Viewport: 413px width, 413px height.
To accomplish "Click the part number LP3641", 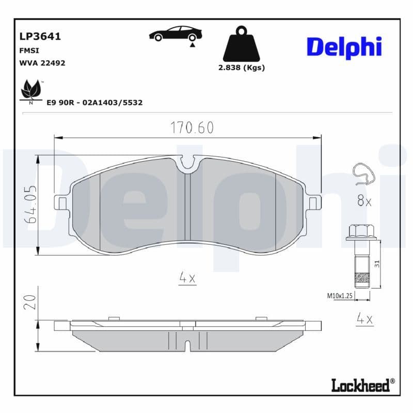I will pyautogui.click(x=40, y=37).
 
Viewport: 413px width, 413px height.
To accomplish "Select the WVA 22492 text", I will pyautogui.click(x=42, y=63).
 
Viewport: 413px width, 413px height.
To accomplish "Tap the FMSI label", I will pyautogui.click(x=29, y=51).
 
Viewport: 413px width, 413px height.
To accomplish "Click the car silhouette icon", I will pyautogui.click(x=176, y=34).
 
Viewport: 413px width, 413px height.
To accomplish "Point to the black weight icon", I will pyautogui.click(x=241, y=44).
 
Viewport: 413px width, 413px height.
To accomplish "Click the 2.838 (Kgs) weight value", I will pyautogui.click(x=241, y=68).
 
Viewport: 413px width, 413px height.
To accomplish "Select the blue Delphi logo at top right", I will pyautogui.click(x=344, y=47).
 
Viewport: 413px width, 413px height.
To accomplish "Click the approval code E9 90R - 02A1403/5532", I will pyautogui.click(x=94, y=103).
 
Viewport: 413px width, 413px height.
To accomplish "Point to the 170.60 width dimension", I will pyautogui.click(x=192, y=128).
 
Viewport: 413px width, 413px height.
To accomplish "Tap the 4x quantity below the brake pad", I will pyautogui.click(x=187, y=278).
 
